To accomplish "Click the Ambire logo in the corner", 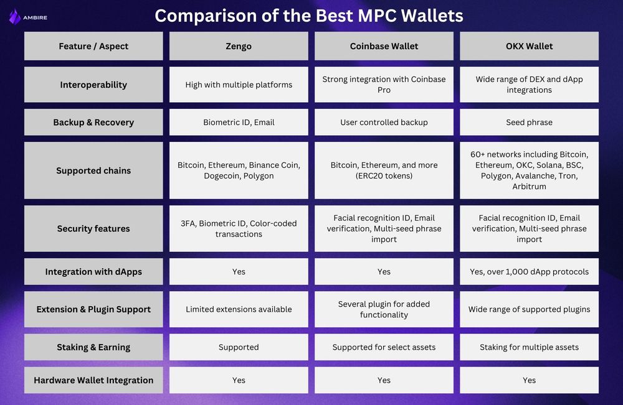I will coord(27,16).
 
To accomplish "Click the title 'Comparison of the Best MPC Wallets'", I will coord(309,16).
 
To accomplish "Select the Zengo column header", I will coord(239,46).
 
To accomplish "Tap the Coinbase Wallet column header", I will coord(384,46).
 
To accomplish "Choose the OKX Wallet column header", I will coord(529,46).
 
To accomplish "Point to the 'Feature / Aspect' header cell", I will coord(93,46).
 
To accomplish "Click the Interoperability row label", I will coord(93,85).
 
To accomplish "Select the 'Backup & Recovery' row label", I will coord(93,123).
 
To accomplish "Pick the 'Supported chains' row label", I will coord(93,170).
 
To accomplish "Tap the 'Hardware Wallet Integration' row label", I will coord(93,380).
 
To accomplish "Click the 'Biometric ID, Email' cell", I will coord(239,123).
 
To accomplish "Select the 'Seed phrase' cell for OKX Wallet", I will coord(529,123).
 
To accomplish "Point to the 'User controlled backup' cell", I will coord(384,123).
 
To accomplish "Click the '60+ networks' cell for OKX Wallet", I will coord(529,170).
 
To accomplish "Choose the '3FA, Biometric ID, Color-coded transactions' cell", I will coord(239,228).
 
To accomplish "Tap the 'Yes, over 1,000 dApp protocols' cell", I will coord(529,272).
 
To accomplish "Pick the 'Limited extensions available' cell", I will coord(239,309).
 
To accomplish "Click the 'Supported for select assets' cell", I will coord(384,347).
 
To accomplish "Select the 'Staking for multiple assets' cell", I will coord(529,347).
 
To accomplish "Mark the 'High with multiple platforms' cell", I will coord(239,85).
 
